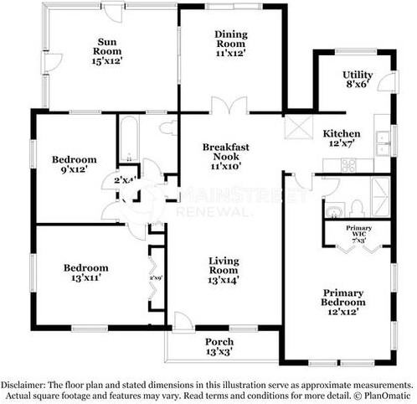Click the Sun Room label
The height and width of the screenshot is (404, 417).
(x=106, y=50)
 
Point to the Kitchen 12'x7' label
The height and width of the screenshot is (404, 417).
(x=342, y=139)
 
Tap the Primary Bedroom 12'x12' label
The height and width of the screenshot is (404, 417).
(x=343, y=302)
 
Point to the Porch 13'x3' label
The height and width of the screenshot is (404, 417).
(x=219, y=347)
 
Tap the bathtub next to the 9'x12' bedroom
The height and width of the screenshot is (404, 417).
(x=128, y=140)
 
